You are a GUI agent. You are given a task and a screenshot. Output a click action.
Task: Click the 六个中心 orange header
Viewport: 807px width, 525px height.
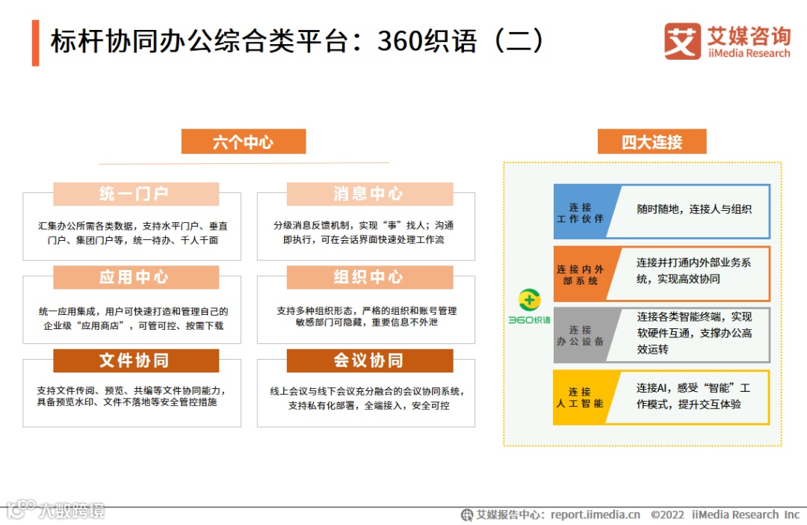click(x=243, y=142)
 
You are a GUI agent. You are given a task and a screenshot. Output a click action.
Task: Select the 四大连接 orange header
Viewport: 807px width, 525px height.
click(x=652, y=142)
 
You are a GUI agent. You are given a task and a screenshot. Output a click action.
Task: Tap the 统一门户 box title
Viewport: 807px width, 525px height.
click(x=135, y=194)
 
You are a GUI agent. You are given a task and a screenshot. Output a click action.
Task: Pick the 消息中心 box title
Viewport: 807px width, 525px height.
click(x=369, y=194)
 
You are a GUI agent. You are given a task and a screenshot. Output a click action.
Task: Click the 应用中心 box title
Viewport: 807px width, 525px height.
click(x=135, y=277)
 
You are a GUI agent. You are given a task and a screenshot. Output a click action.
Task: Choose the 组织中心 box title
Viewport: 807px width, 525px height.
click(x=369, y=277)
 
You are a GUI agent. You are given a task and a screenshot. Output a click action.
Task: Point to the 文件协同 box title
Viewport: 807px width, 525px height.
click(x=135, y=360)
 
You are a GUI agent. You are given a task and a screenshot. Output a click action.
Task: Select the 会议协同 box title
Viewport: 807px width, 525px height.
click(x=369, y=360)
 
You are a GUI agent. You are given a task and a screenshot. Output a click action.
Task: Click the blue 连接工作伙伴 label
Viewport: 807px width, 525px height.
click(x=580, y=212)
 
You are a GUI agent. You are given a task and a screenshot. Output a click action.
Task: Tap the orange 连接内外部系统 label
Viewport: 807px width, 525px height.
click(x=580, y=274)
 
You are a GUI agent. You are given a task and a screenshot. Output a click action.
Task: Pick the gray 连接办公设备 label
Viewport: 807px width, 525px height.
click(x=580, y=336)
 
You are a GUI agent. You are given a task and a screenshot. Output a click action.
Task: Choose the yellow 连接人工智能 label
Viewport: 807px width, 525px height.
click(x=580, y=397)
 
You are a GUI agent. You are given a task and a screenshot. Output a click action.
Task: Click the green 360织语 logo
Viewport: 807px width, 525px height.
click(x=529, y=307)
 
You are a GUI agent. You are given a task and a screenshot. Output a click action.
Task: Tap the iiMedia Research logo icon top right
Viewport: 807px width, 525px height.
click(x=681, y=41)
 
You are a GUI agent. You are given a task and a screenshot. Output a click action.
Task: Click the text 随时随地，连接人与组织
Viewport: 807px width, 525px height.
click(x=693, y=209)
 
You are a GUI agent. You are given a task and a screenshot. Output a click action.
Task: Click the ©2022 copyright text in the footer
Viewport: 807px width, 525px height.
click(x=667, y=515)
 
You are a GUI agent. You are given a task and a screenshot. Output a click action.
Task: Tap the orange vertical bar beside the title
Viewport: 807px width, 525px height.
click(x=35, y=43)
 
